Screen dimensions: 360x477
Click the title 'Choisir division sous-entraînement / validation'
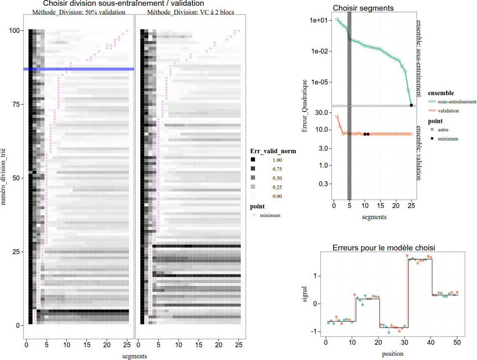point(124,3)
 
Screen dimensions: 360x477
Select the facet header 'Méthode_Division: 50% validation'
point(79,12)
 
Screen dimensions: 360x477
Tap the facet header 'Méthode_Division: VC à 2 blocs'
point(190,12)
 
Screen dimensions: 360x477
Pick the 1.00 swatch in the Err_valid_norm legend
point(253,160)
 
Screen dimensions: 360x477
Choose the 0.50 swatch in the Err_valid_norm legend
point(253,178)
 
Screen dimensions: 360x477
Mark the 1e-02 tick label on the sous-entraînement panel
point(319,51)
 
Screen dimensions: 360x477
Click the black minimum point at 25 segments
point(412,105)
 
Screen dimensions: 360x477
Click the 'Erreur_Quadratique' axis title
point(305,106)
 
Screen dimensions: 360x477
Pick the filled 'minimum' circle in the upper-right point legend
point(431,139)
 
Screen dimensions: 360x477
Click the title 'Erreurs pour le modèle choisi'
point(383,248)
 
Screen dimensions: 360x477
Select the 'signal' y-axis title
point(305,294)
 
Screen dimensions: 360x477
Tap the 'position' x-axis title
point(393,353)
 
